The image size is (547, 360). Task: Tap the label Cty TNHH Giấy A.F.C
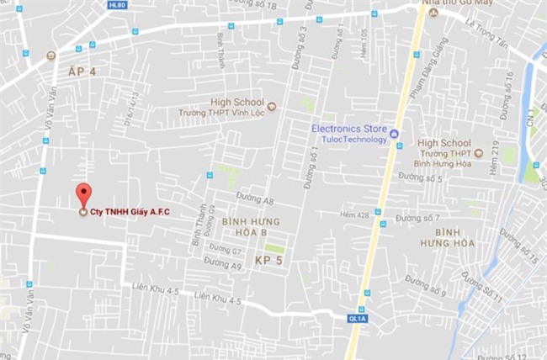click(x=125, y=212)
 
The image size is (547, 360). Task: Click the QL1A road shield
click(x=357, y=319)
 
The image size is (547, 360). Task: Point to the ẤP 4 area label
click(x=82, y=72)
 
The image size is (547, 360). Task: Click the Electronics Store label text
click(x=348, y=129)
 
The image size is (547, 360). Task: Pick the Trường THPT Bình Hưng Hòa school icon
click(x=479, y=153)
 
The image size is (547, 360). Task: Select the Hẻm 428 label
click(x=354, y=215)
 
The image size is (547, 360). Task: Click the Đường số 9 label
click(x=425, y=285)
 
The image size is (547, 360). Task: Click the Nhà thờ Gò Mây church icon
click(x=434, y=13)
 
